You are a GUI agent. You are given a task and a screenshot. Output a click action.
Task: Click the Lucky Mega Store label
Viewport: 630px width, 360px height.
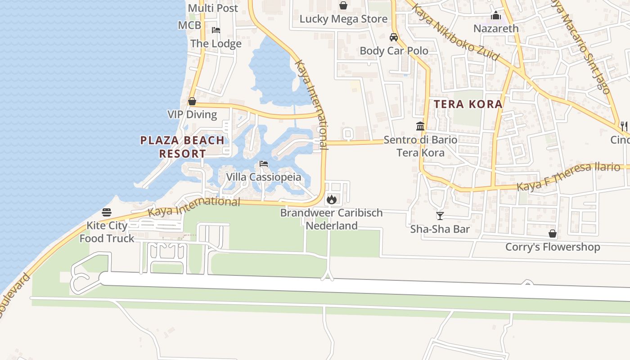tap(343, 19)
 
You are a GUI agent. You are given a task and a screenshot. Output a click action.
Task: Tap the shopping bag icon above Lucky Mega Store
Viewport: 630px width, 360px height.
tap(343, 5)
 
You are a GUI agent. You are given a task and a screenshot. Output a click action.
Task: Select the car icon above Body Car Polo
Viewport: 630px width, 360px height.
tap(394, 37)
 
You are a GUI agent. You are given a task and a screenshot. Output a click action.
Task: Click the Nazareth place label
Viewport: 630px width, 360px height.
tap(496, 28)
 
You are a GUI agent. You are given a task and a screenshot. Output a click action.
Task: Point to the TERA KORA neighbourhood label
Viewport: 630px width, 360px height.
tap(468, 104)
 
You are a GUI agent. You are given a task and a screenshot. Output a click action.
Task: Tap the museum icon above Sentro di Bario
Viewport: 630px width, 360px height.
tap(420, 126)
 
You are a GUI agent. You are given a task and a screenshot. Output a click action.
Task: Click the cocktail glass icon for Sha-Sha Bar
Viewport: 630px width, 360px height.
tap(440, 216)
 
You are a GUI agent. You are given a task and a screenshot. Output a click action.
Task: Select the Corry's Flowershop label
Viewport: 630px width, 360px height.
tap(553, 247)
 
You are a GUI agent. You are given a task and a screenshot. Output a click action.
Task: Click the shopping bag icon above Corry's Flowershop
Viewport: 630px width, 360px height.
tap(553, 234)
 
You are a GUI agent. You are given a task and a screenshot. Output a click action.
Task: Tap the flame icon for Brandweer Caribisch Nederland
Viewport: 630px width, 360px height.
tap(332, 199)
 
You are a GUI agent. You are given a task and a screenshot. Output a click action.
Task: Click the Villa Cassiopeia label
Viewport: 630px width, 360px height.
tap(263, 177)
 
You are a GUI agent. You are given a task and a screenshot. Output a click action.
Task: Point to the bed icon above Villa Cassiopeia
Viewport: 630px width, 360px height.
tap(264, 164)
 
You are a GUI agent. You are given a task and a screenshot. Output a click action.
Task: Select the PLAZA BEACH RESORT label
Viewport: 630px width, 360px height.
tap(182, 147)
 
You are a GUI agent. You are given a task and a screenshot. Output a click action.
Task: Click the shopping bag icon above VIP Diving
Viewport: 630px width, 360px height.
tap(192, 101)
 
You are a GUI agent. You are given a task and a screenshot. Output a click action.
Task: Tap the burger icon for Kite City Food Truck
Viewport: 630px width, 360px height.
tap(107, 212)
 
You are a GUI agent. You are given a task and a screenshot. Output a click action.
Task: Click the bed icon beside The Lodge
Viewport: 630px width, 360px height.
tap(216, 30)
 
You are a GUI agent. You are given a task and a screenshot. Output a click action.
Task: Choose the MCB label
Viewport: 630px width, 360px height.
tap(189, 25)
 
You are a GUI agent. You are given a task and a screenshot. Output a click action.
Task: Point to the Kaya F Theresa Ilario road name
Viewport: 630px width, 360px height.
tap(568, 176)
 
